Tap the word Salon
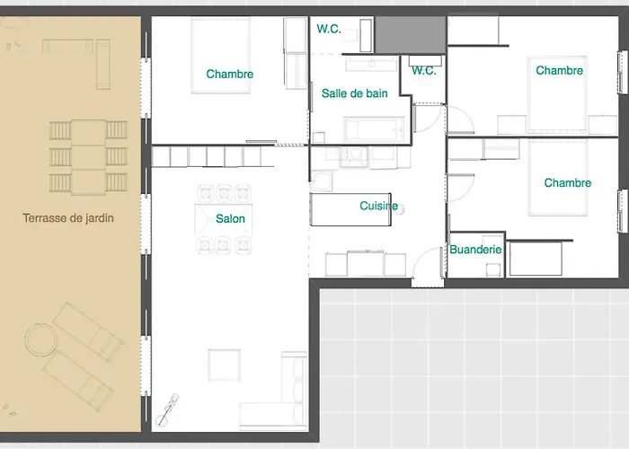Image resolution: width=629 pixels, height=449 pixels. click(230, 218)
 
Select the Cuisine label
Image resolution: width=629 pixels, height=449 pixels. click(378, 206)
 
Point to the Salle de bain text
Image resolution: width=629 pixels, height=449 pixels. click(355, 92)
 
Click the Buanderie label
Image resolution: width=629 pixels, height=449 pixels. click(475, 250)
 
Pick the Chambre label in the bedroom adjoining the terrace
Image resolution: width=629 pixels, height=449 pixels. click(229, 75)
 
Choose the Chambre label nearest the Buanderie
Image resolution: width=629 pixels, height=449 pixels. click(567, 183)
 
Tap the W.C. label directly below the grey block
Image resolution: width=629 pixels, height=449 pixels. click(423, 71)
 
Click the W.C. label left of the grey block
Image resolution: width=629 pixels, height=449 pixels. click(328, 29)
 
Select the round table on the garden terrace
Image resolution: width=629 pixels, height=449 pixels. click(39, 340)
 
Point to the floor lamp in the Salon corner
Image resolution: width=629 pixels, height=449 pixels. click(166, 408)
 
